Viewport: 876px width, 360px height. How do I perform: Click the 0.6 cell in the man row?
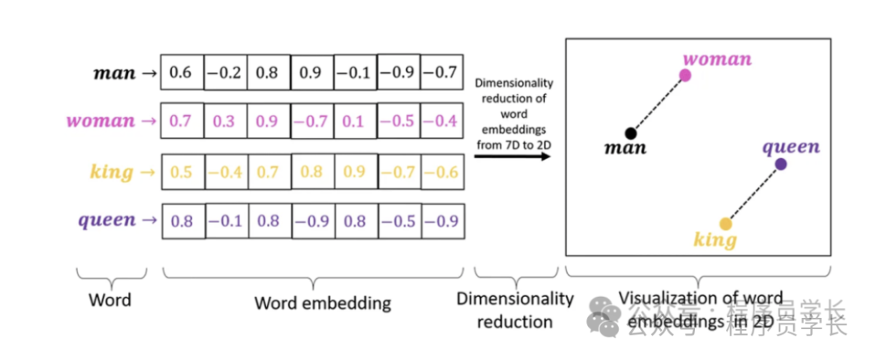pyautogui.click(x=181, y=73)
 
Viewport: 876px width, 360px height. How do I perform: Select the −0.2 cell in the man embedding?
pyautogui.click(x=225, y=73)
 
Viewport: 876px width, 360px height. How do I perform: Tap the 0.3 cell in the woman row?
pyautogui.click(x=225, y=122)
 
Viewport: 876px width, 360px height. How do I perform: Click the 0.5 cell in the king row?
pyautogui.click(x=181, y=172)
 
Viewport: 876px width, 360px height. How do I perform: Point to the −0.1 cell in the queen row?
pyautogui.click(x=225, y=221)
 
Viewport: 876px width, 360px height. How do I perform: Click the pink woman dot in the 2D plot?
pyautogui.click(x=685, y=75)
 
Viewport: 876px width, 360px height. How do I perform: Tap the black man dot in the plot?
pyautogui.click(x=630, y=133)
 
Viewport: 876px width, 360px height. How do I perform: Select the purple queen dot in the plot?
pyautogui.click(x=780, y=164)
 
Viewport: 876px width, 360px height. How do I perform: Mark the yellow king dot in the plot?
pyautogui.click(x=725, y=224)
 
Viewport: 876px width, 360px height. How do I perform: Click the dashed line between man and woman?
pyautogui.click(x=657, y=105)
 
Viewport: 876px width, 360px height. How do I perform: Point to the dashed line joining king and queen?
pyautogui.click(x=753, y=194)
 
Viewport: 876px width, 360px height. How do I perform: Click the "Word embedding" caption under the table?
pyautogui.click(x=322, y=304)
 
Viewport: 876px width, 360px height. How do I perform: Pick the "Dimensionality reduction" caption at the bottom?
pyautogui.click(x=514, y=310)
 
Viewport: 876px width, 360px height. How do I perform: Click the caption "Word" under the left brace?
pyautogui.click(x=109, y=301)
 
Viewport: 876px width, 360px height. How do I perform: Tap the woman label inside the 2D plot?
pyautogui.click(x=717, y=59)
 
